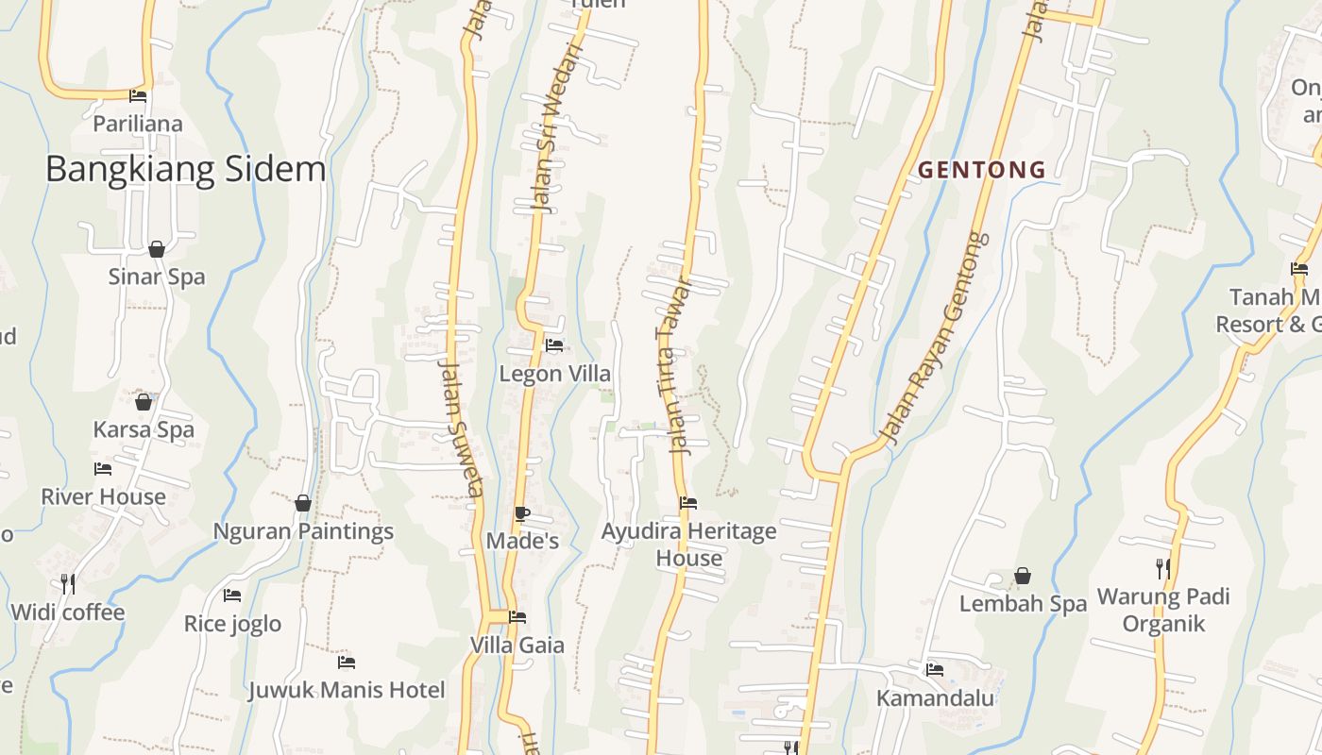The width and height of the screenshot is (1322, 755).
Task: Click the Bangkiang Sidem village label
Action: coord(185,169)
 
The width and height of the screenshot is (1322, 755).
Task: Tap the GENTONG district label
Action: coord(982,170)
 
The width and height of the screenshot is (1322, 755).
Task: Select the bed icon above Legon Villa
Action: coord(554,345)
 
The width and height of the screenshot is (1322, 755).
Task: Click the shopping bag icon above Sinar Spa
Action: coord(157,249)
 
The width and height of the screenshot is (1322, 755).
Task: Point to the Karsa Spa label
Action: coord(144,429)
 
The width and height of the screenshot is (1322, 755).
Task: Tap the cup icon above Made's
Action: coord(521,513)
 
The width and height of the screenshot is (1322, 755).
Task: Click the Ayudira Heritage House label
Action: coord(689,545)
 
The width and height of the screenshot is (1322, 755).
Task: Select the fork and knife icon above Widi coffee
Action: coord(67,583)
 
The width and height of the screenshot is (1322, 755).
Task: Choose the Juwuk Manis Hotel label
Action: coord(346,690)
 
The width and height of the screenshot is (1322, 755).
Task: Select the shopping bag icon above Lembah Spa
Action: coord(1023,576)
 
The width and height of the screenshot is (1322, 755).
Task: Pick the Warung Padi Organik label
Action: coord(1163,610)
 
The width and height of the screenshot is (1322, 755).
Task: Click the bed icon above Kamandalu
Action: coord(935,669)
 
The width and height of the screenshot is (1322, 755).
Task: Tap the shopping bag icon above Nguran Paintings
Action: coord(303,503)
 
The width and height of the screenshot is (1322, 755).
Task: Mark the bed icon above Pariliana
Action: coord(138,95)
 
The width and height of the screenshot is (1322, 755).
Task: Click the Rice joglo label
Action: coord(232,624)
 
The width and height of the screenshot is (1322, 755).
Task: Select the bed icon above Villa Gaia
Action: coord(517,617)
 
